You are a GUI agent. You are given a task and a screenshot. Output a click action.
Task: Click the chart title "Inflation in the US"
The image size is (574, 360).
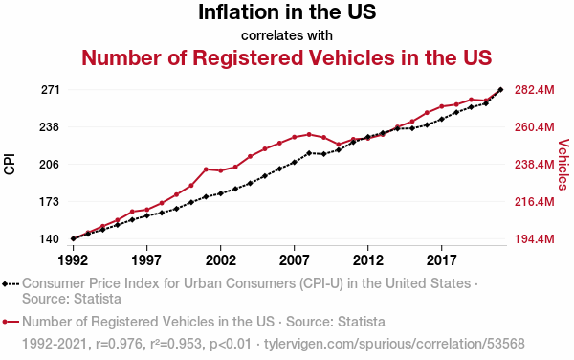[x=287, y=12]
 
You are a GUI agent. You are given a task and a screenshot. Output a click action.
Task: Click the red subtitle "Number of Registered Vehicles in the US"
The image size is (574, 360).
[x=287, y=57]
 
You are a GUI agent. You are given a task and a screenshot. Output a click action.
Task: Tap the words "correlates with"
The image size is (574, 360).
[x=287, y=35]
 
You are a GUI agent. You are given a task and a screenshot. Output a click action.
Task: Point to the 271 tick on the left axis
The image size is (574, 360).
[x=50, y=90]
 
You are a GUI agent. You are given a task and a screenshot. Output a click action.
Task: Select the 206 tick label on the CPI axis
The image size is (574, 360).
[x=50, y=165]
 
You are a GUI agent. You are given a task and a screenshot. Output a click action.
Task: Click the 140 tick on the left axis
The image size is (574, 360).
[x=50, y=239]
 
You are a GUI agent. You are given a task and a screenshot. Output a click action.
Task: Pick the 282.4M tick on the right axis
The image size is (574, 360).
[x=535, y=90]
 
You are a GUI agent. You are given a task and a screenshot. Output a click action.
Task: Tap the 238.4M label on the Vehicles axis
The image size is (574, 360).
[x=535, y=165]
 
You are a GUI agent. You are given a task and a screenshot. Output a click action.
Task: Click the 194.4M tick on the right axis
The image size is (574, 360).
[x=535, y=239]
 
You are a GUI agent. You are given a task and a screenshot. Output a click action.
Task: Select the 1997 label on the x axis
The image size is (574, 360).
[x=146, y=260]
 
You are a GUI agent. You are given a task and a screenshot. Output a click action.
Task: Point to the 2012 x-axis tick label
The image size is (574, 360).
[x=368, y=260]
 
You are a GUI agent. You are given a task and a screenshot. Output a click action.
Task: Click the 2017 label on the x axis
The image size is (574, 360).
[x=441, y=260]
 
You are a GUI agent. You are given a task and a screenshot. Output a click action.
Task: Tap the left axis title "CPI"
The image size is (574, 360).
[x=10, y=164]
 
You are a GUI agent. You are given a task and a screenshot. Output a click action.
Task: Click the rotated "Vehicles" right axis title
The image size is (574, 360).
[x=563, y=165]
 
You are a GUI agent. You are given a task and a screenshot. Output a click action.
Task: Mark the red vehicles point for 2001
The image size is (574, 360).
[x=206, y=169]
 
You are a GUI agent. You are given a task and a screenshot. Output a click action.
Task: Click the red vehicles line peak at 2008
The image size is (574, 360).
[x=309, y=134]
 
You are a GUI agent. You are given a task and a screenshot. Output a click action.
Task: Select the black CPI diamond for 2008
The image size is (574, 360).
[x=309, y=153]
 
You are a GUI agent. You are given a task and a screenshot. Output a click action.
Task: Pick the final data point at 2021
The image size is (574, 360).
[x=500, y=89]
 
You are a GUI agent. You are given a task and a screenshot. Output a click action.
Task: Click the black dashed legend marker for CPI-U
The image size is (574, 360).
[x=11, y=283]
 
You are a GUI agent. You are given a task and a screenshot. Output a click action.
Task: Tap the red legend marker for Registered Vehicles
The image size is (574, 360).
[x=11, y=322]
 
